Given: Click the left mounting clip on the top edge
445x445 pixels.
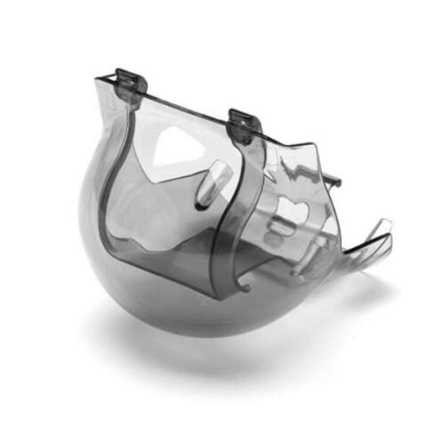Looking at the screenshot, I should (130, 85).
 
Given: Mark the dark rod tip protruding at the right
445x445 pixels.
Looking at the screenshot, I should (335, 182).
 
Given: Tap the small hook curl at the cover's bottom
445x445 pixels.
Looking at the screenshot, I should (242, 284).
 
